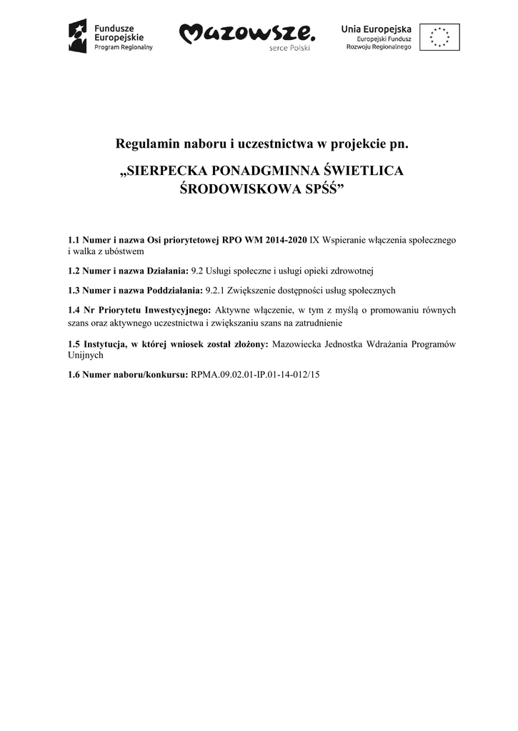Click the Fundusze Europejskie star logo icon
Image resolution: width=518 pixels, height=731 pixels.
click(x=77, y=36)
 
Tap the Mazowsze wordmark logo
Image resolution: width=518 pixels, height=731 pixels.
click(x=246, y=33)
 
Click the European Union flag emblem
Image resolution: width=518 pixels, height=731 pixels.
click(x=439, y=36)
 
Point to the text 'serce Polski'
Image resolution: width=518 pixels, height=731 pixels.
click(x=290, y=49)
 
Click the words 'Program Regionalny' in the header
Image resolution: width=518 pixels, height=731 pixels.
click(x=124, y=46)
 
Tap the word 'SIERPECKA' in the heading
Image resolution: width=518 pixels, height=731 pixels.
click(x=166, y=172)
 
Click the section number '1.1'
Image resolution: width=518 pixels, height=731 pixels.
click(x=74, y=241)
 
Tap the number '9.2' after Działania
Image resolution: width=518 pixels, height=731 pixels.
click(x=197, y=271)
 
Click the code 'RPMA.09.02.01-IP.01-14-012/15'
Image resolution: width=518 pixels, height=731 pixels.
click(x=255, y=373)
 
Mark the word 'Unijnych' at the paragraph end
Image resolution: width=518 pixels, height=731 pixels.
click(x=85, y=354)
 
